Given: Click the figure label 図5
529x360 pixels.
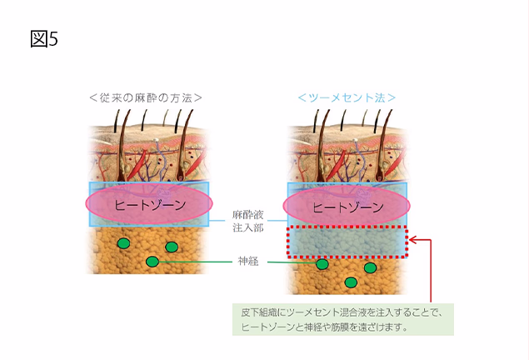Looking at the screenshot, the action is click(x=44, y=39).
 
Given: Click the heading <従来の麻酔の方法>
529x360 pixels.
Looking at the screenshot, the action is click(x=146, y=97).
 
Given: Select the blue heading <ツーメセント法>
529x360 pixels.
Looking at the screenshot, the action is click(x=347, y=97).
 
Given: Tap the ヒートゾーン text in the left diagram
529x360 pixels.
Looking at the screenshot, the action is click(x=150, y=205).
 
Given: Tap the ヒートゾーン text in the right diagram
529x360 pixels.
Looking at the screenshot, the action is click(x=347, y=207).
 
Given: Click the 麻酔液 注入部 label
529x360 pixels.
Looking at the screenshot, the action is click(x=248, y=222).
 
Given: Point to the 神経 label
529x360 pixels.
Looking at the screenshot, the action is click(x=248, y=261).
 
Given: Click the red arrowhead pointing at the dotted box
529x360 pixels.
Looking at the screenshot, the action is click(x=413, y=240).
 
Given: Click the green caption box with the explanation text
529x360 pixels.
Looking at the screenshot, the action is click(x=343, y=319).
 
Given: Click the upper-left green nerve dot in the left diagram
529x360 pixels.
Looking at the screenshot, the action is click(x=123, y=243).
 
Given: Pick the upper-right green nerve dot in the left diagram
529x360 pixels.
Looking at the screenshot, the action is click(x=172, y=247).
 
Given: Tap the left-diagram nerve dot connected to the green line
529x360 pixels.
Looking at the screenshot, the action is click(x=152, y=262).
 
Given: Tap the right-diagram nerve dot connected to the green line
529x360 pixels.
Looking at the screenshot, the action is click(x=322, y=264).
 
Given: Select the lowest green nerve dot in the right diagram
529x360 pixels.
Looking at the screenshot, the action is click(x=351, y=282).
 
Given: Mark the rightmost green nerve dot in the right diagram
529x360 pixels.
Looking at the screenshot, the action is click(x=370, y=267).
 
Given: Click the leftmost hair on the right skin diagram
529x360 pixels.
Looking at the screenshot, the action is click(x=316, y=122).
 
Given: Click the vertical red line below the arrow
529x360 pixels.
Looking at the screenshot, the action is click(x=431, y=271).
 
